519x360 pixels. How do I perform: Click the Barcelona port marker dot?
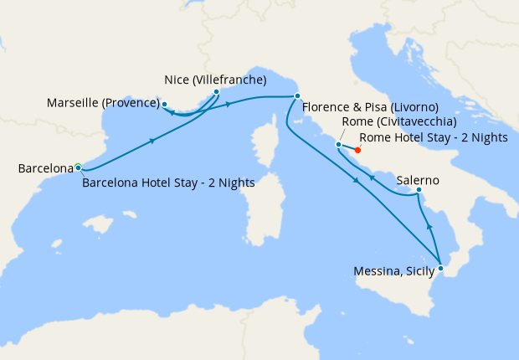point(78,167)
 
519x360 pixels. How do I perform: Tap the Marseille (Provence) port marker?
point(165,105)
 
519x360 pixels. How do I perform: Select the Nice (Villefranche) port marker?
point(216,92)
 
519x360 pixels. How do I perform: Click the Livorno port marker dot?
point(297,96)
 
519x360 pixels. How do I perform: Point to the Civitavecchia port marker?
point(338,145)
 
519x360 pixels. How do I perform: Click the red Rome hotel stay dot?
point(357,151)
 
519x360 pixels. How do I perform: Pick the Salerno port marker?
point(419,193)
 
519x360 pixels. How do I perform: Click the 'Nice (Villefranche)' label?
point(215,80)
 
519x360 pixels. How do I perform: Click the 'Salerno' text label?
point(418,180)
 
